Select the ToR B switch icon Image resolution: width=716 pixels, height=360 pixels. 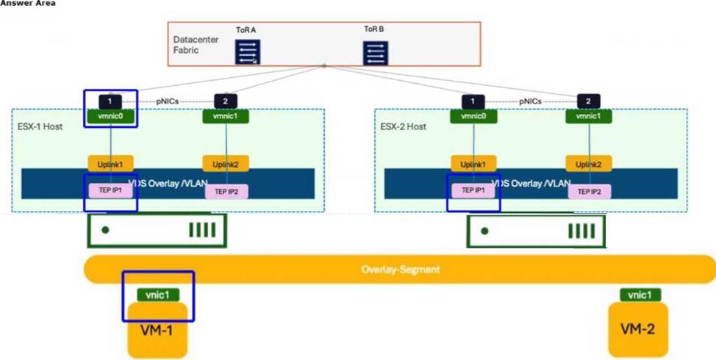pyautogui.click(x=376, y=53)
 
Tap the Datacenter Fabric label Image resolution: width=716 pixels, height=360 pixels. pyautogui.click(x=196, y=44)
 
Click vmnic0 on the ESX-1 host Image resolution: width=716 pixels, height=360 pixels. pyautogui.click(x=109, y=116)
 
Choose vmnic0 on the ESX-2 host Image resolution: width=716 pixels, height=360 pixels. pyautogui.click(x=473, y=116)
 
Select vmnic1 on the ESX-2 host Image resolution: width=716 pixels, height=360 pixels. pyautogui.click(x=588, y=116)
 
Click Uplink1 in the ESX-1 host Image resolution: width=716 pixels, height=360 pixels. pyautogui.click(x=110, y=163)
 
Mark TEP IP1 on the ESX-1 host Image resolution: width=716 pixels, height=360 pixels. pyautogui.click(x=110, y=190)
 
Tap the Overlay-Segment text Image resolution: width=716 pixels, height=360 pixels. pyautogui.click(x=401, y=269)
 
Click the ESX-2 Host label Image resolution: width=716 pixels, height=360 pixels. pyautogui.click(x=404, y=127)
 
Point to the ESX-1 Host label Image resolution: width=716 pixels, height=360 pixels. pyautogui.click(x=40, y=127)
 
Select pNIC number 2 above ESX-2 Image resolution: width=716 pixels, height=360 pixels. pyautogui.click(x=588, y=101)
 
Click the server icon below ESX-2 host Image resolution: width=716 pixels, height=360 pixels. pyautogui.click(x=535, y=231)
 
